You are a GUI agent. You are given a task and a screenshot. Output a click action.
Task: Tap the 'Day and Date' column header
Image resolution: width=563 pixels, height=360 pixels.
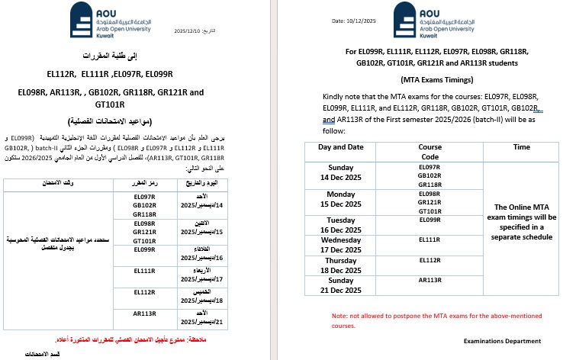click(341, 146)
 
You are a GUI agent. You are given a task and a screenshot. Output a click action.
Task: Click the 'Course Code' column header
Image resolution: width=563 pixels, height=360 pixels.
click(430, 151)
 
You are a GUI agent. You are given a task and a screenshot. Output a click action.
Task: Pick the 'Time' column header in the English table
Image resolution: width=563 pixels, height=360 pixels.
click(522, 146)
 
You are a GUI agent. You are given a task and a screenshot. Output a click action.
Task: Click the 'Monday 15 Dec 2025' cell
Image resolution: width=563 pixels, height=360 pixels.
click(341, 199)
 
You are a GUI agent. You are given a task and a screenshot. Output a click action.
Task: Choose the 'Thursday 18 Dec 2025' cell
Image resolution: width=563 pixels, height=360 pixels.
click(341, 264)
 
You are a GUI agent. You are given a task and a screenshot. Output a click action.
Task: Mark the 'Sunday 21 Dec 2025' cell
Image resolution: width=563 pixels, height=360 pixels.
click(341, 284)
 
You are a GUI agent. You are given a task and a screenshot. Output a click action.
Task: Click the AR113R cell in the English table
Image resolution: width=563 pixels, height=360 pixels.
click(430, 280)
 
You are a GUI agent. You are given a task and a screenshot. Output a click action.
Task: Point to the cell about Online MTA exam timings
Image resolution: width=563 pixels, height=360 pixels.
click(522, 221)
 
